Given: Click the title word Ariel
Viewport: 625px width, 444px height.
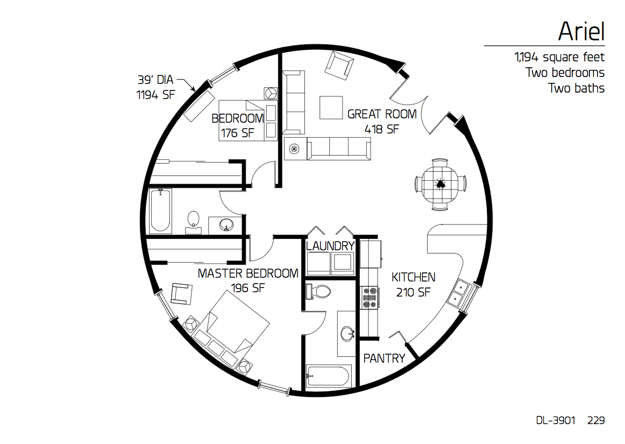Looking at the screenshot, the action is [581, 31].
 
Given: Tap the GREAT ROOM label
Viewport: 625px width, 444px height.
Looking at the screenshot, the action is [382, 114].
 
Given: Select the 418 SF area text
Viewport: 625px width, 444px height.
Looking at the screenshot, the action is [381, 129].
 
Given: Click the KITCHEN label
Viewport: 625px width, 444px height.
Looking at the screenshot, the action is [413, 277].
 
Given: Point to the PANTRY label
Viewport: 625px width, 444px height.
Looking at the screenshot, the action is [384, 358].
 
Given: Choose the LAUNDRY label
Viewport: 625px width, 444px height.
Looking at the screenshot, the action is [330, 246].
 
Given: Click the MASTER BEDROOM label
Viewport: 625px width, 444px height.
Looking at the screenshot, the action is [248, 273].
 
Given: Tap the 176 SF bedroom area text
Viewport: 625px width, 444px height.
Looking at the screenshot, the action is [238, 133].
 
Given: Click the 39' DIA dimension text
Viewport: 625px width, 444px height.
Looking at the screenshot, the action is [155, 80].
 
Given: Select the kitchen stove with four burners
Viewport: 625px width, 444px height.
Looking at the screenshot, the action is [369, 298].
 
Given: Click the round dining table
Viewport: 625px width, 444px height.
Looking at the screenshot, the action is [439, 184].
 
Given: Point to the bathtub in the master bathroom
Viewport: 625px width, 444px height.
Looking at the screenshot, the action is [329, 376].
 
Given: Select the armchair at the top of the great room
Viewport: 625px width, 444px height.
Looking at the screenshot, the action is [339, 66].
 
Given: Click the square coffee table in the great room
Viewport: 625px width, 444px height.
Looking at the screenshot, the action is [331, 108].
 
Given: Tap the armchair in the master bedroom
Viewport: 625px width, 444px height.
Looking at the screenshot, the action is [181, 294].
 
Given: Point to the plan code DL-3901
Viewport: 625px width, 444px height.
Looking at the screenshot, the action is [555, 420].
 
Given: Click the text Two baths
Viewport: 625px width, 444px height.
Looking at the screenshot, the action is [576, 88].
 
